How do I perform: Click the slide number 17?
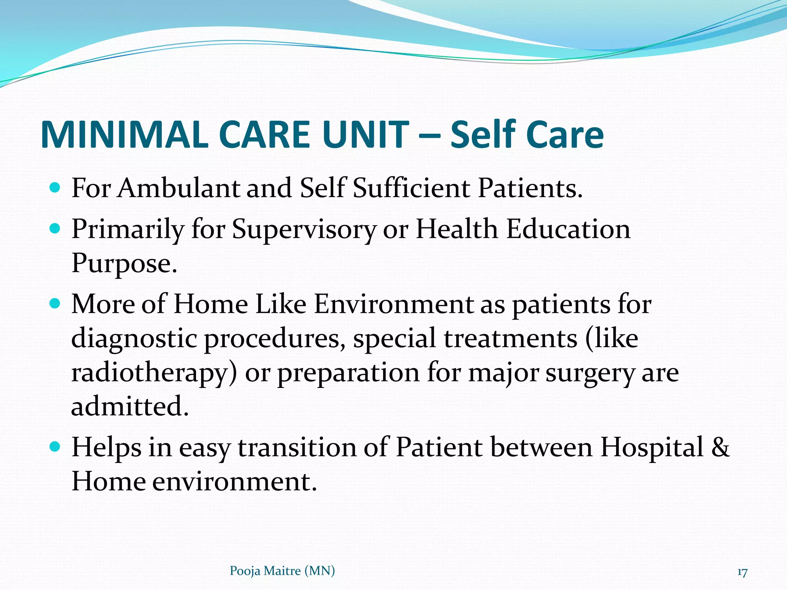[742, 572]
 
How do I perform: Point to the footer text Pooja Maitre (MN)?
[282, 571]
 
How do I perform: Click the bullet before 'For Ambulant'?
[55, 188]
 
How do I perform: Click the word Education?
[568, 229]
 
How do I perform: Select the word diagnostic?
[134, 339]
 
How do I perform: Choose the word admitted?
[130, 406]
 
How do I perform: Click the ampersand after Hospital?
[720, 447]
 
